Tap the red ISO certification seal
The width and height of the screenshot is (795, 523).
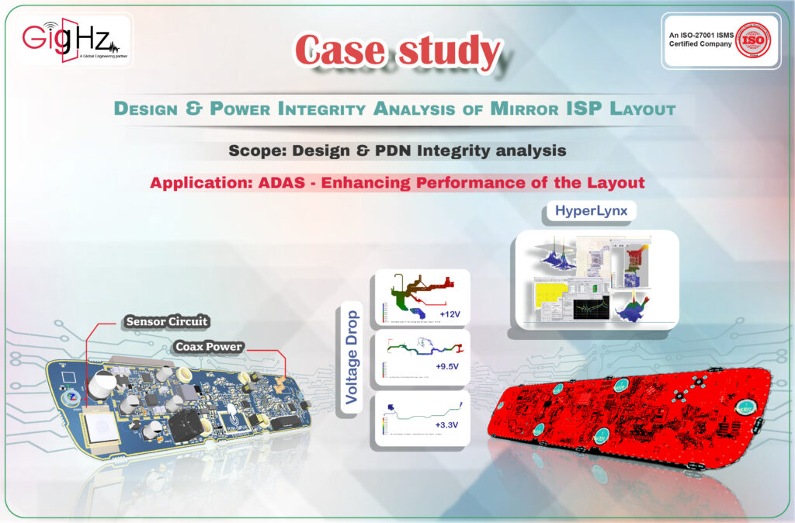click(x=752, y=42)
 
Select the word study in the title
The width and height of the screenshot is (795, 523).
click(x=450, y=51)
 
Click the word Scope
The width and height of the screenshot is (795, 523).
click(x=256, y=151)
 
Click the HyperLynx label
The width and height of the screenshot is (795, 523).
click(x=591, y=211)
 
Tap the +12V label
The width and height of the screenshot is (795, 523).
click(x=451, y=314)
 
